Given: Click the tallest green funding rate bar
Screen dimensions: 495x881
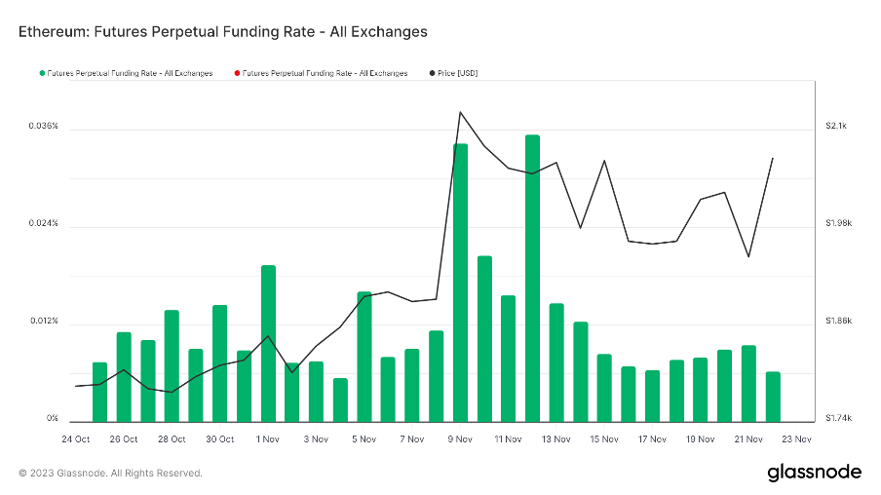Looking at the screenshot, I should click(x=532, y=278).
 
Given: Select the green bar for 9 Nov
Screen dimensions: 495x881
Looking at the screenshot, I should click(x=460, y=283).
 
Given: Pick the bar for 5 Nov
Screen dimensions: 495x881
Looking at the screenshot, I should click(x=364, y=356).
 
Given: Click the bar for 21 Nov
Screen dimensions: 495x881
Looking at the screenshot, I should click(x=748, y=383).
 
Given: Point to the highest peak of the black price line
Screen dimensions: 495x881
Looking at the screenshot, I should click(x=460, y=112).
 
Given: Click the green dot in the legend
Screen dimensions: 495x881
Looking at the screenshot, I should click(x=42, y=73).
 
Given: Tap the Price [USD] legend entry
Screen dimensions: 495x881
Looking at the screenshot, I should click(x=456, y=73).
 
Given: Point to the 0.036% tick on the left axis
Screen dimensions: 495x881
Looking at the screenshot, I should click(x=43, y=127).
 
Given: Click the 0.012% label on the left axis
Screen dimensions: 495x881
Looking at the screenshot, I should click(x=43, y=322).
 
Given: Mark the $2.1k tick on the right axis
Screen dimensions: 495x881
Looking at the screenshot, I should click(x=836, y=127).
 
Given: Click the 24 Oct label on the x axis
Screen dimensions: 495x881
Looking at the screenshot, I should click(x=75, y=439).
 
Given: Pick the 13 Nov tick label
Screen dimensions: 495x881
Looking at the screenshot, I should click(x=555, y=439).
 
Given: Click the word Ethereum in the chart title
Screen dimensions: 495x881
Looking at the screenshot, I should click(x=55, y=31).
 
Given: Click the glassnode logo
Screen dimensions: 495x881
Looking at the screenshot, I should click(x=814, y=473).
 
